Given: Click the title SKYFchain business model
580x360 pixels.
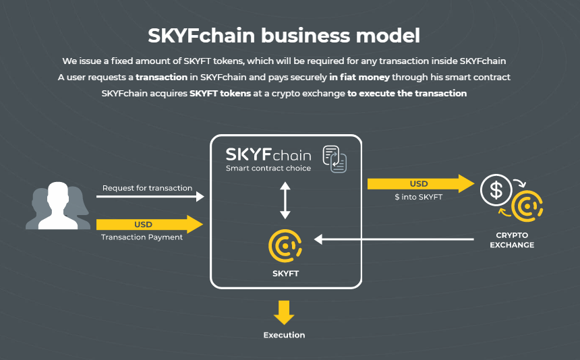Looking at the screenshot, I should point(284,35).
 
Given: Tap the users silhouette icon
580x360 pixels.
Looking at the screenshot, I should point(57,206).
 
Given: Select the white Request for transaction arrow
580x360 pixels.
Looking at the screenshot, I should point(150,197).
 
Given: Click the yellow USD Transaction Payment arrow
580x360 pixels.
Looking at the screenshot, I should point(150,224).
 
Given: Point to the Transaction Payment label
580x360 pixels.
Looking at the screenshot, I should point(142,237).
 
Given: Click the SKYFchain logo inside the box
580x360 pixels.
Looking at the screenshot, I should point(268,154).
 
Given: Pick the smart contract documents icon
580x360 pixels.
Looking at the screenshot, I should point(335,158).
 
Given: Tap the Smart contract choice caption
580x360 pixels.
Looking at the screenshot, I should point(268,168).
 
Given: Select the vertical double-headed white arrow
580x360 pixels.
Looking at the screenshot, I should point(285,200).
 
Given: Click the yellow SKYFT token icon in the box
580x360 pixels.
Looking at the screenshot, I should point(285,247).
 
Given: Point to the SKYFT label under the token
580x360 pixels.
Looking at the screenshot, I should point(285,274).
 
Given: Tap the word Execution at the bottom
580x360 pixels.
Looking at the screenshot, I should point(284,335).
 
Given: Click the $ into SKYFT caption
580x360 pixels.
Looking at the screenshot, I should point(418,197).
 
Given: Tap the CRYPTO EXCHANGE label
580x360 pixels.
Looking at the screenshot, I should point(511,240).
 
